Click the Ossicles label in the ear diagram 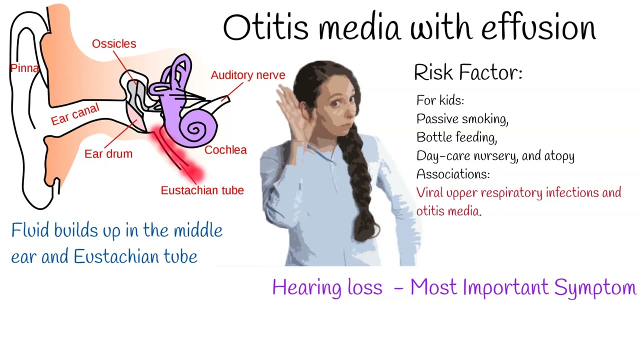point(114,43)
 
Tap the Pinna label point(24,68)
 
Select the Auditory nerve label point(248,75)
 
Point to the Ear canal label point(75,114)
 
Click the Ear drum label point(108,154)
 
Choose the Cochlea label point(225,150)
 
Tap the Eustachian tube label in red point(202,190)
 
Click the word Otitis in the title point(265,27)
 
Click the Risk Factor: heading point(468,72)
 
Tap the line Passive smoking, point(462,119)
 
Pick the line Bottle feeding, point(456,137)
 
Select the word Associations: point(453,173)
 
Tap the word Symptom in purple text point(595,288)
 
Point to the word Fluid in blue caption point(30,230)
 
